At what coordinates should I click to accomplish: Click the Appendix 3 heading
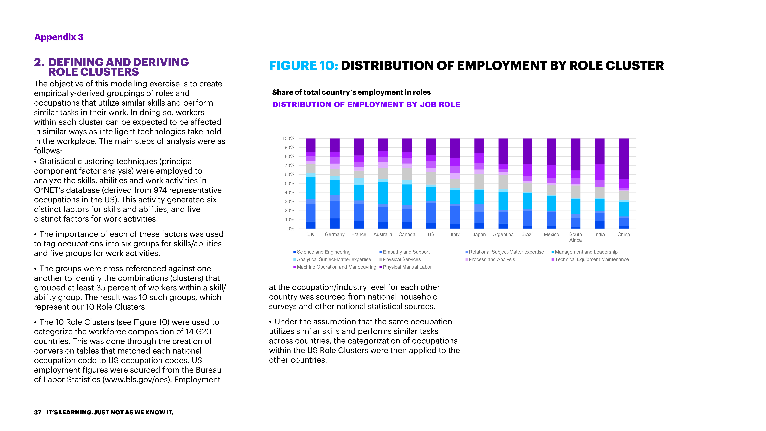click(x=59, y=37)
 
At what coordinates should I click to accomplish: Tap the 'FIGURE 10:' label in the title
click(x=303, y=66)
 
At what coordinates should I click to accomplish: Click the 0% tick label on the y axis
click(x=291, y=229)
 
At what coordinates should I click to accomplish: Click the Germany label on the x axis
click(x=335, y=234)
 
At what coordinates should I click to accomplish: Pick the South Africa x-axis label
click(x=575, y=237)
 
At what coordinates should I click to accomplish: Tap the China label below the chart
click(x=624, y=234)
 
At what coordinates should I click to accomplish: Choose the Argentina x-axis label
click(x=503, y=234)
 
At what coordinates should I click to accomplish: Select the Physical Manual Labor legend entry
click(x=407, y=267)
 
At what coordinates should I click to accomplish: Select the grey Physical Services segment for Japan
click(x=479, y=181)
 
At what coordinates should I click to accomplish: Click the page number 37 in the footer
click(x=37, y=412)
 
